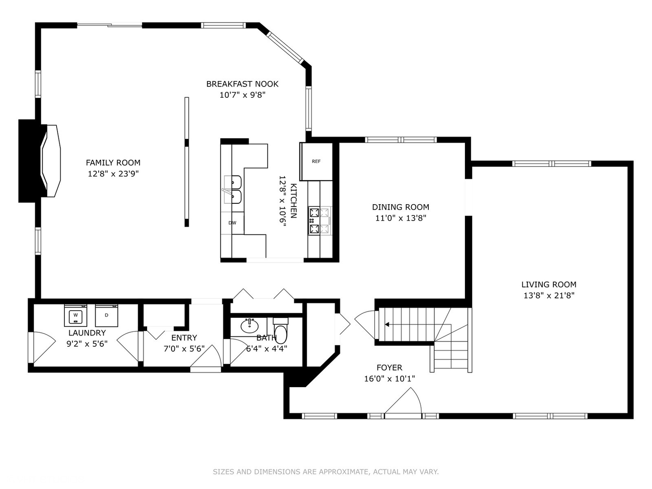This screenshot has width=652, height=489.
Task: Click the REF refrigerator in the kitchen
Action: tap(316, 162)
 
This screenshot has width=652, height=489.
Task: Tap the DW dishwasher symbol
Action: tap(232, 223)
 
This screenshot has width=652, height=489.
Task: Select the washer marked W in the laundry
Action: tap(76, 315)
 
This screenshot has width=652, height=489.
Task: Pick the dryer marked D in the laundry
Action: tap(107, 315)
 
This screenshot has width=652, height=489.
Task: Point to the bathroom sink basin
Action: tap(249, 326)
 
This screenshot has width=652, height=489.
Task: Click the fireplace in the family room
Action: tap(40, 161)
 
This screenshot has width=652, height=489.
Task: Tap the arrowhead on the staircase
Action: tap(387, 325)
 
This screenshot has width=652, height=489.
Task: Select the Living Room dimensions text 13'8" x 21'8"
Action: tap(549, 295)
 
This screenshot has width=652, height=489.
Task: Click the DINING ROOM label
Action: tap(401, 207)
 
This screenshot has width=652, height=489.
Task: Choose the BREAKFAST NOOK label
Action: tap(242, 84)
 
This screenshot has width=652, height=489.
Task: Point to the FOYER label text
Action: tap(389, 368)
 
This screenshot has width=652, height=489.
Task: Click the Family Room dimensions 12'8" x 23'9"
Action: tap(113, 174)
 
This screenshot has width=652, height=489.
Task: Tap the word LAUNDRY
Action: tap(87, 333)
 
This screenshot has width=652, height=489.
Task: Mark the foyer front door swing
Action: tap(403, 401)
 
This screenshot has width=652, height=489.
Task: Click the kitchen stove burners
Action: tap(320, 221)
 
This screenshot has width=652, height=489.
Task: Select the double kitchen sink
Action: tap(233, 189)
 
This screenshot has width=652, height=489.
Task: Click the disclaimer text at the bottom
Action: tap(326, 472)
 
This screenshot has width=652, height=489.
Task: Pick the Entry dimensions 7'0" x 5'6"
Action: tap(184, 349)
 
